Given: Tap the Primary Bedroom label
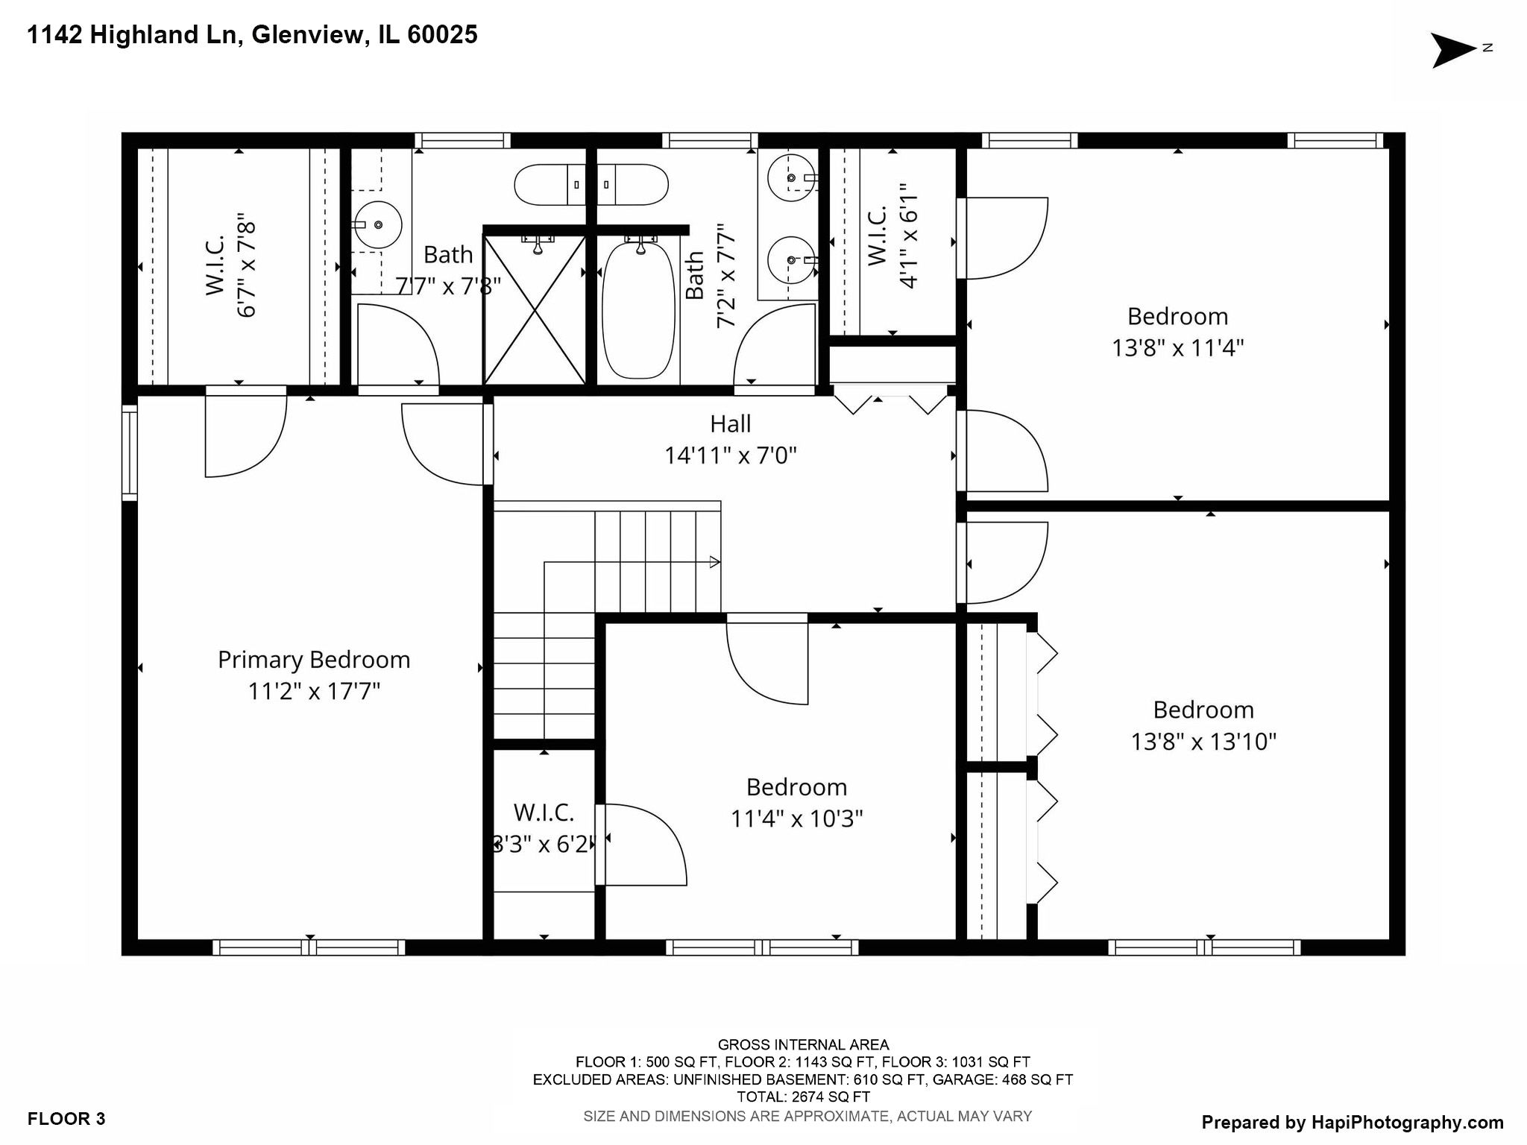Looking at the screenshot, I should [314, 660].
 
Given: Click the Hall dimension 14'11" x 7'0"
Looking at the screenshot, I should [730, 455].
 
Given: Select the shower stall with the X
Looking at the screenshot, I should [535, 310].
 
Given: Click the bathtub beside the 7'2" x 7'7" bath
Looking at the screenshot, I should [638, 310].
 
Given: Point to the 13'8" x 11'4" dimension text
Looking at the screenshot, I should [1177, 348].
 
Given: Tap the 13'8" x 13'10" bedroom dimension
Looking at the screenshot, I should [1203, 742].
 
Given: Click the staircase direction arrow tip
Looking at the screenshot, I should [717, 562].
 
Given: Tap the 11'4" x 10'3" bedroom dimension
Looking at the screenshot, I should [796, 819].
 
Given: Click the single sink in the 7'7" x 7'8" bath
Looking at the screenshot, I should [378, 224].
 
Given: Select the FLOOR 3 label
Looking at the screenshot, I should [66, 1119].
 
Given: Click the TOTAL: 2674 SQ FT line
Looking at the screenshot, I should [803, 1097].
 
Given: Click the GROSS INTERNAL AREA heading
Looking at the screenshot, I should [803, 1045].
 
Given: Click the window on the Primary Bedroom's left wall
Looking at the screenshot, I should [130, 452].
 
